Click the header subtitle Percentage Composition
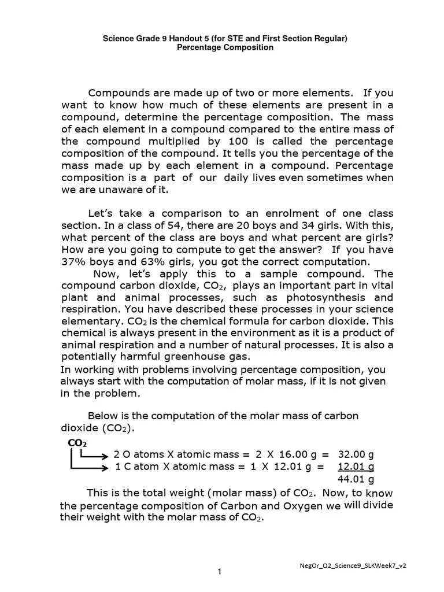point(225,48)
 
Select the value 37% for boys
point(74,261)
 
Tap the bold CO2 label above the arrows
point(77,443)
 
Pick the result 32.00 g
point(356,455)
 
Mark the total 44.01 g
point(356,479)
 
